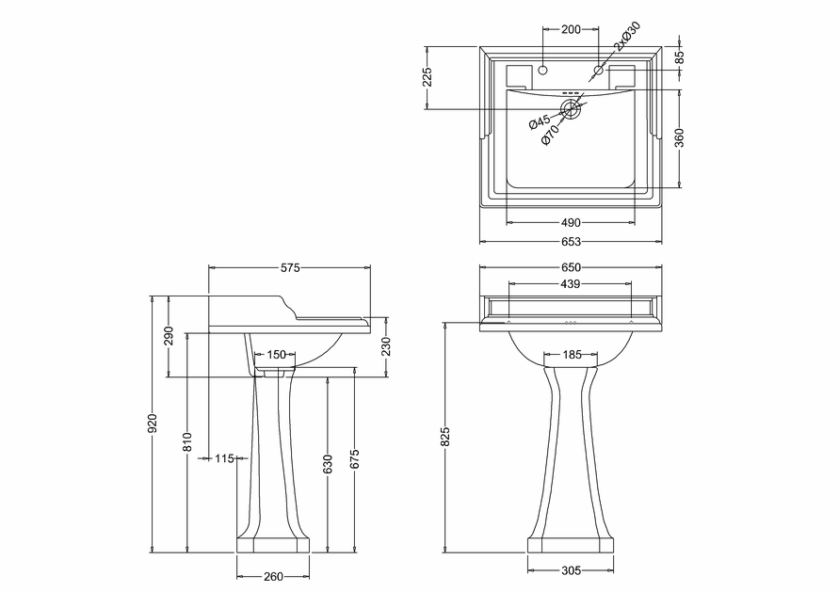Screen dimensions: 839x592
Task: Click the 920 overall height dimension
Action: click(x=153, y=423)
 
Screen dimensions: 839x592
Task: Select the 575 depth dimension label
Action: click(x=290, y=267)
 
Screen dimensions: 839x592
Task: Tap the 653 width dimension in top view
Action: click(x=571, y=242)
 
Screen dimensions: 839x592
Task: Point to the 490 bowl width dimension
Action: click(x=571, y=222)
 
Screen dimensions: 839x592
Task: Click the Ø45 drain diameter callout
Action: click(x=540, y=121)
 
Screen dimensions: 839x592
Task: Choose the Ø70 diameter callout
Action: click(x=550, y=135)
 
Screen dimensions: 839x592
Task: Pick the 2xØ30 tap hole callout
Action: click(x=626, y=36)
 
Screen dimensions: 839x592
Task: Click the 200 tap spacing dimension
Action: click(x=571, y=29)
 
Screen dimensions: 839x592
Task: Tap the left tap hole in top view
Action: click(x=543, y=70)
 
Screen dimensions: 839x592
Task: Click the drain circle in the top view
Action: click(x=571, y=109)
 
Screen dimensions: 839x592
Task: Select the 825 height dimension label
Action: click(x=446, y=437)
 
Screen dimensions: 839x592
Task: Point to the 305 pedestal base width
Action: click(x=571, y=570)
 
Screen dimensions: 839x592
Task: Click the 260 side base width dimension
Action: click(x=273, y=577)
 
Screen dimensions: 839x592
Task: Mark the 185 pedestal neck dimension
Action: click(x=571, y=354)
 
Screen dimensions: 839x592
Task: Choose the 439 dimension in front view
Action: click(x=570, y=284)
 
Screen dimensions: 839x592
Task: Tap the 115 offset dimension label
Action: click(x=225, y=458)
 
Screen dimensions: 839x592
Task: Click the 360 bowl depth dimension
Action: click(x=679, y=137)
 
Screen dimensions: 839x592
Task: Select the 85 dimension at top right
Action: click(x=680, y=56)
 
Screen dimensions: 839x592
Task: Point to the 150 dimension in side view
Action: click(x=276, y=354)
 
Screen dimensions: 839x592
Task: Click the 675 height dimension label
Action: click(x=354, y=459)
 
